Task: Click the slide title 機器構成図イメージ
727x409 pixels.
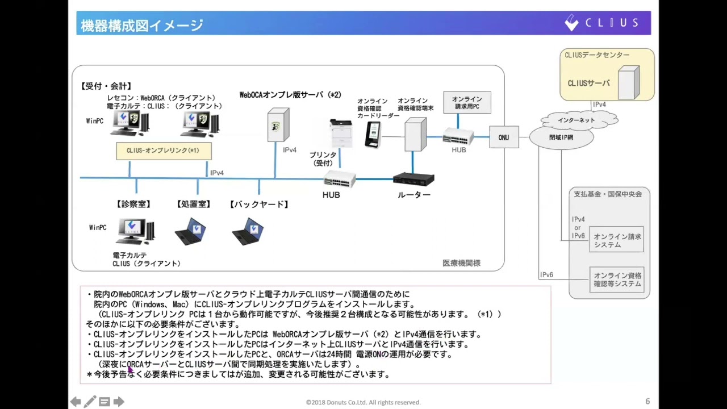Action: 142,25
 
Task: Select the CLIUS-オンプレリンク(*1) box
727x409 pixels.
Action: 164,151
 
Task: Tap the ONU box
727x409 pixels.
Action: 503,137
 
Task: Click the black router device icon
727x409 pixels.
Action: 413,180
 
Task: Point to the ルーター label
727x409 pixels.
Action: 413,195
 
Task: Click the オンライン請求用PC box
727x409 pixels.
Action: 467,103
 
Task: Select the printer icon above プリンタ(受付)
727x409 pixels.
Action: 341,133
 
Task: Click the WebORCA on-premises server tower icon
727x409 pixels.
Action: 278,126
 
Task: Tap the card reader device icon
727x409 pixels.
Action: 373,134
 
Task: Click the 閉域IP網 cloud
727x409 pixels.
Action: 561,138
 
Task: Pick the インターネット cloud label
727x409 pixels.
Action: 576,120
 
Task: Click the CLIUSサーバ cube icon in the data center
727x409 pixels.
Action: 628,83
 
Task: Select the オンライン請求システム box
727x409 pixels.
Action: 617,240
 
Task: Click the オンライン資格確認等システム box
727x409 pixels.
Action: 617,279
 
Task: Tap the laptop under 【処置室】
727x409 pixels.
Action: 191,231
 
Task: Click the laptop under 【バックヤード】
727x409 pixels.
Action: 248,231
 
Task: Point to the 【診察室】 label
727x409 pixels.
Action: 133,204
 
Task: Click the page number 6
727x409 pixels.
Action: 647,402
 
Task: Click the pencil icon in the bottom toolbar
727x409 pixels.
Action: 90,402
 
